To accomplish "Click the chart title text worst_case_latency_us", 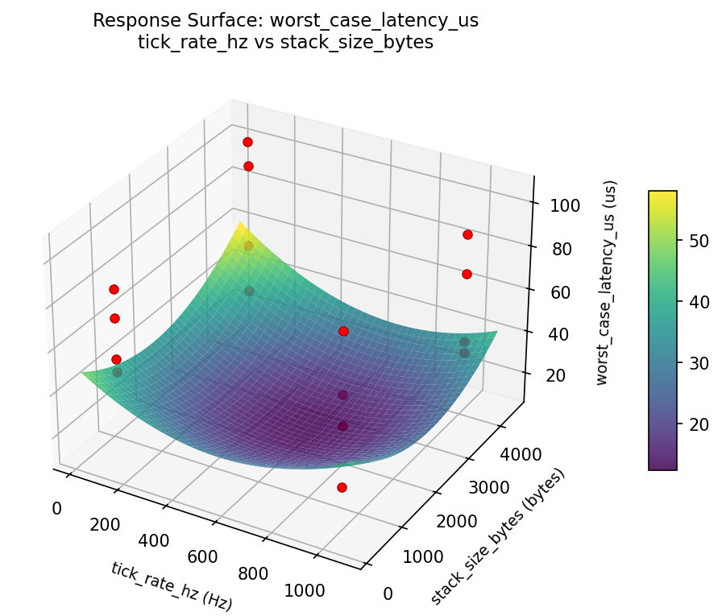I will (x=285, y=20).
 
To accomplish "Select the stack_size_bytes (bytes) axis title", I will (x=498, y=536).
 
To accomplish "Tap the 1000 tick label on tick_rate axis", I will (x=305, y=591).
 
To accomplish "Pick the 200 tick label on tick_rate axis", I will (x=105, y=525).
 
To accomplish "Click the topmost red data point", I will (x=247, y=142).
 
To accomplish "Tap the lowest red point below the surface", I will (x=342, y=487).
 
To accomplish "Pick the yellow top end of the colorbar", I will (x=662, y=193).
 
